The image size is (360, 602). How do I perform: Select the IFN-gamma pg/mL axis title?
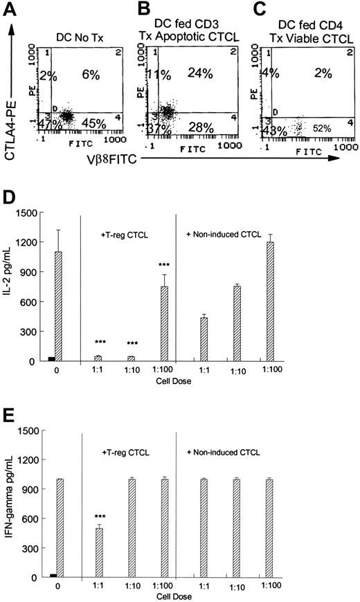click(9, 509)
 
